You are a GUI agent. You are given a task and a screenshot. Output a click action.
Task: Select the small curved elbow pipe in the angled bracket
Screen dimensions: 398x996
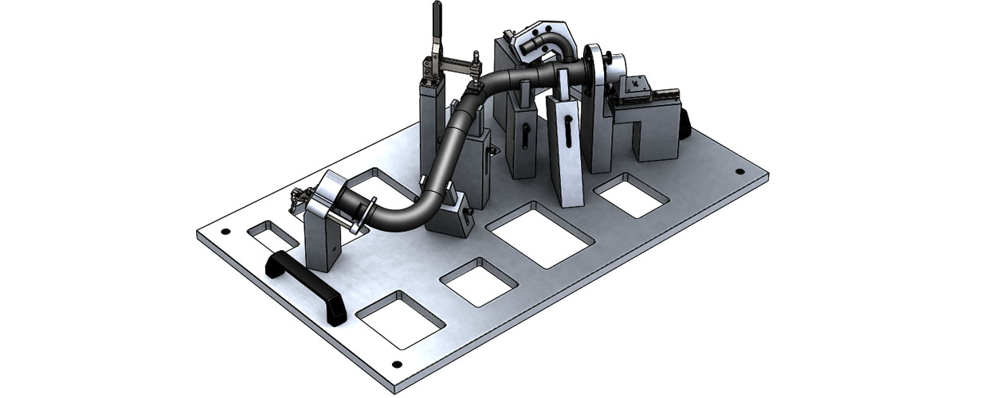(x=551, y=44)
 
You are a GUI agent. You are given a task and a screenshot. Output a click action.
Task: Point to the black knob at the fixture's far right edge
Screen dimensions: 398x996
(x=684, y=123)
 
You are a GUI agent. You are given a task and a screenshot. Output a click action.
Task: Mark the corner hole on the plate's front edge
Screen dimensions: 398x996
(x=396, y=364)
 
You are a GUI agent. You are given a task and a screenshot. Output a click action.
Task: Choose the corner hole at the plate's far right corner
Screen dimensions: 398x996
(x=739, y=171)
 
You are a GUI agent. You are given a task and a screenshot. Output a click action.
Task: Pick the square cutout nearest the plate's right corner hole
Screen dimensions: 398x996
(x=633, y=195)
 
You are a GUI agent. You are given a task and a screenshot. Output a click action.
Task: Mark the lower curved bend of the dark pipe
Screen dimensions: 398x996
(x=406, y=211)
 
